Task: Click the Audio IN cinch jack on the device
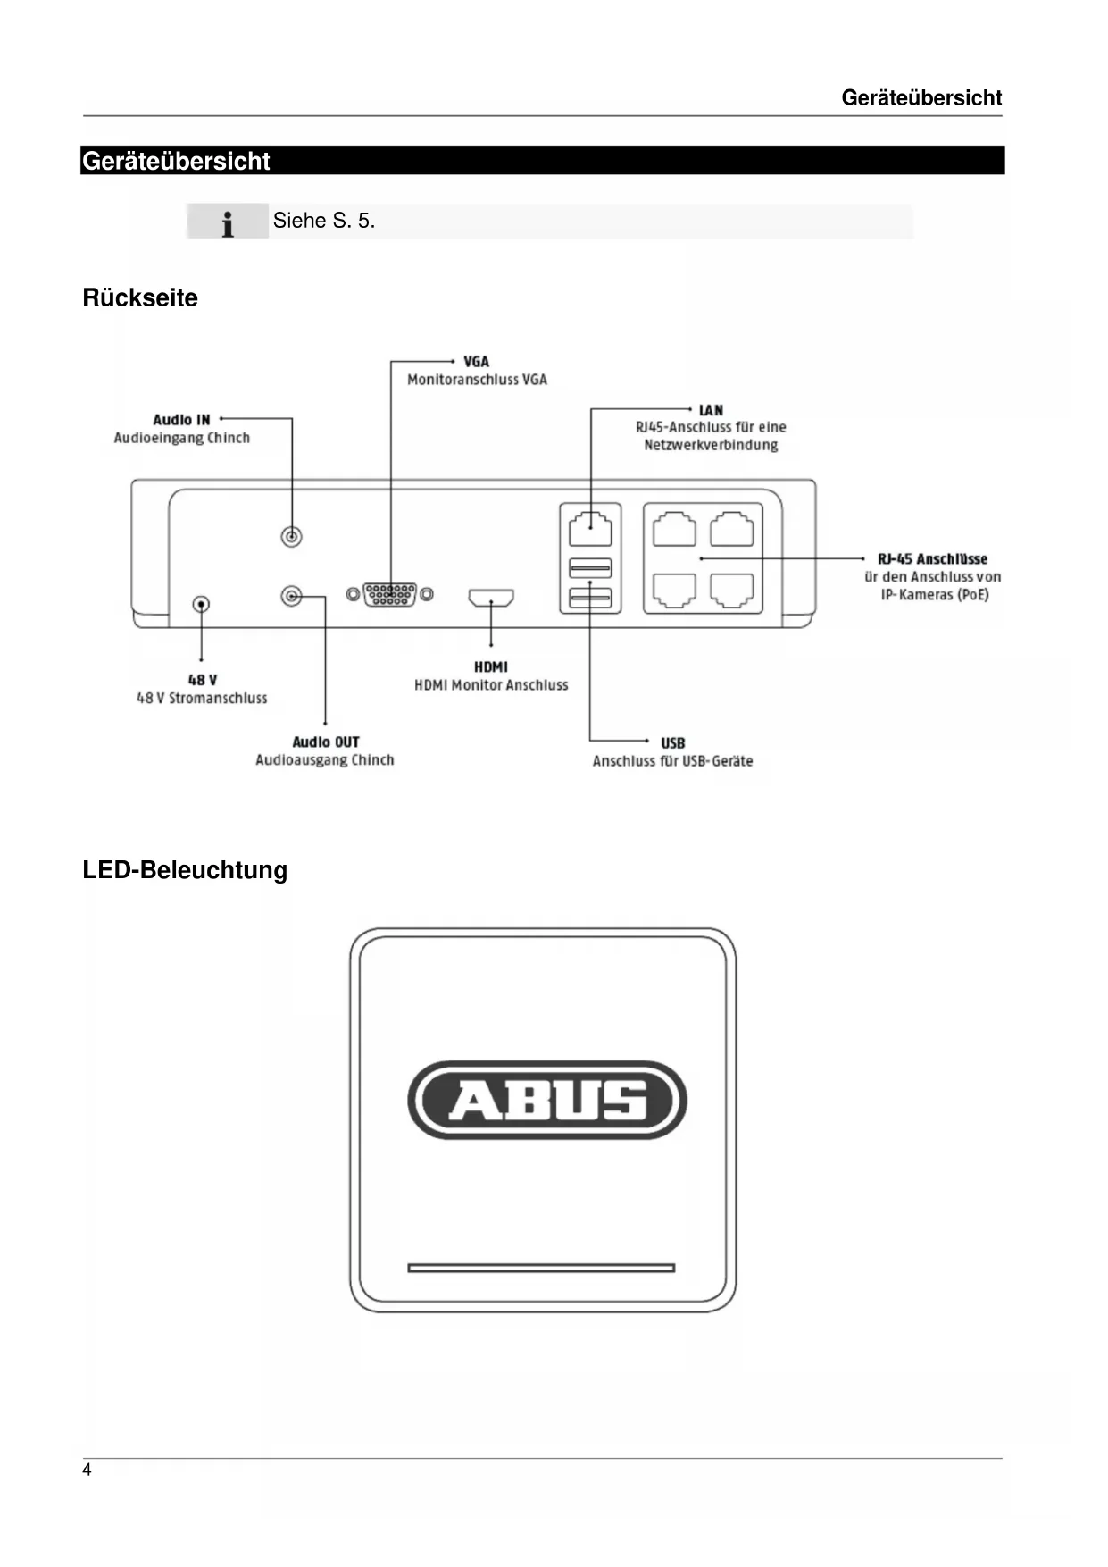[291, 536]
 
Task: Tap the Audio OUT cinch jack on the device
[291, 596]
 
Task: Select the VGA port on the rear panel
[390, 594]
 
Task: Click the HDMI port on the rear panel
[491, 597]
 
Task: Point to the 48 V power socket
[202, 605]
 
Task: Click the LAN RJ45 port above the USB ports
[590, 527]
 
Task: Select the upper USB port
[590, 567]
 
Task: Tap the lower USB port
[590, 597]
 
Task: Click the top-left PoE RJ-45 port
[674, 529]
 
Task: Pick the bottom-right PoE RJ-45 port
[731, 590]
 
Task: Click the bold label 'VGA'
[476, 362]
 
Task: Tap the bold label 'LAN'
[711, 410]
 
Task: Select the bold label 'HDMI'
[491, 666]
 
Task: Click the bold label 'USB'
[673, 742]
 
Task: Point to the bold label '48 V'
[203, 680]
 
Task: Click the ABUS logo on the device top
[547, 1100]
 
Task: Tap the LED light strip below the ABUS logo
[541, 1268]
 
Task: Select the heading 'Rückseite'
[140, 297]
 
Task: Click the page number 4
[87, 1471]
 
